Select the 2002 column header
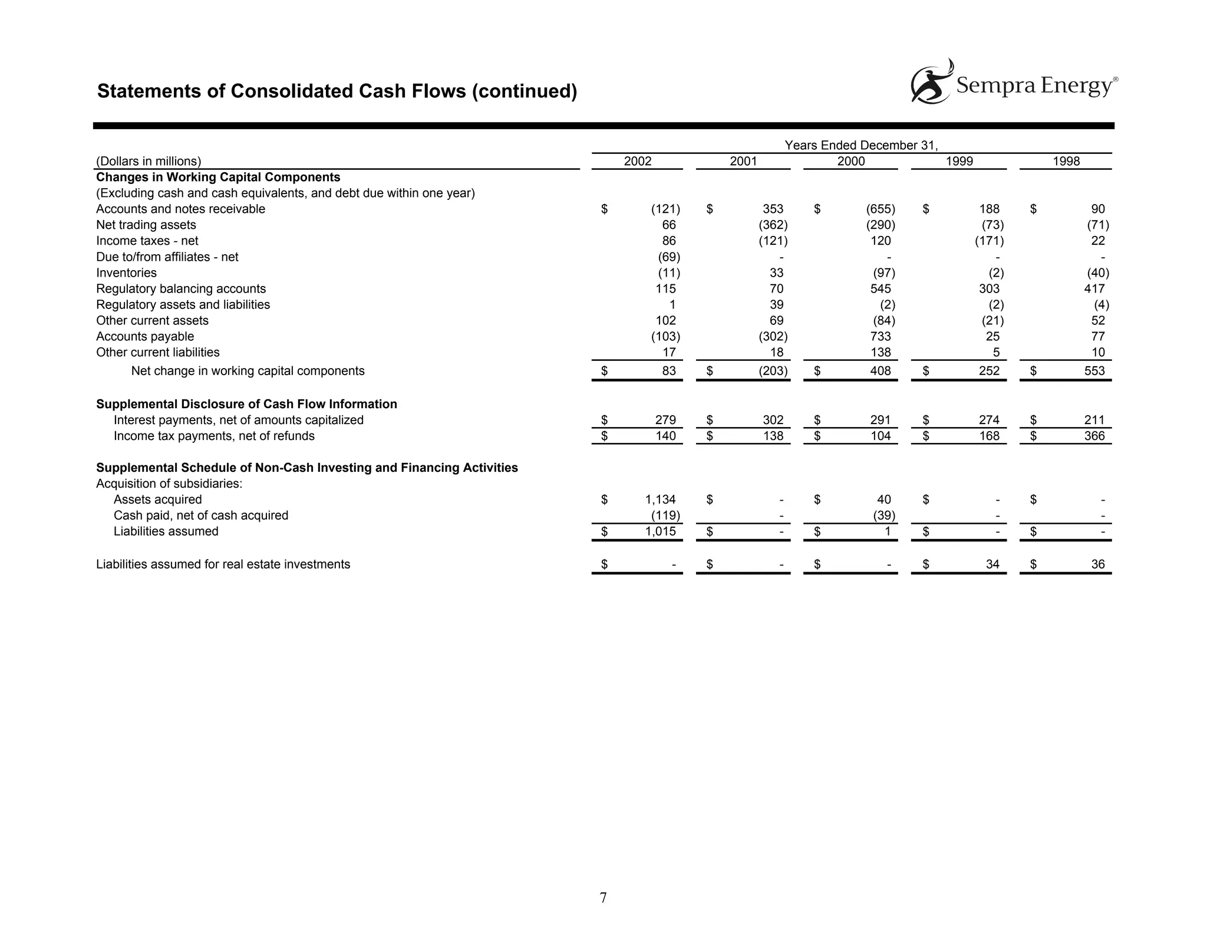click(637, 162)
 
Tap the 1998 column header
click(1066, 162)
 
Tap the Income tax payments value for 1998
click(1094, 436)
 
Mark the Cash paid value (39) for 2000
click(884, 516)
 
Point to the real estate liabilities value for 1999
click(992, 565)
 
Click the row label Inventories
click(126, 273)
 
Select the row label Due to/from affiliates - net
click(167, 257)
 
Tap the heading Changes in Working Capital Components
click(218, 178)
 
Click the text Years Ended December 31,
click(860, 146)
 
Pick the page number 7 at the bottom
click(603, 898)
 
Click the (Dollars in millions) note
click(149, 162)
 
